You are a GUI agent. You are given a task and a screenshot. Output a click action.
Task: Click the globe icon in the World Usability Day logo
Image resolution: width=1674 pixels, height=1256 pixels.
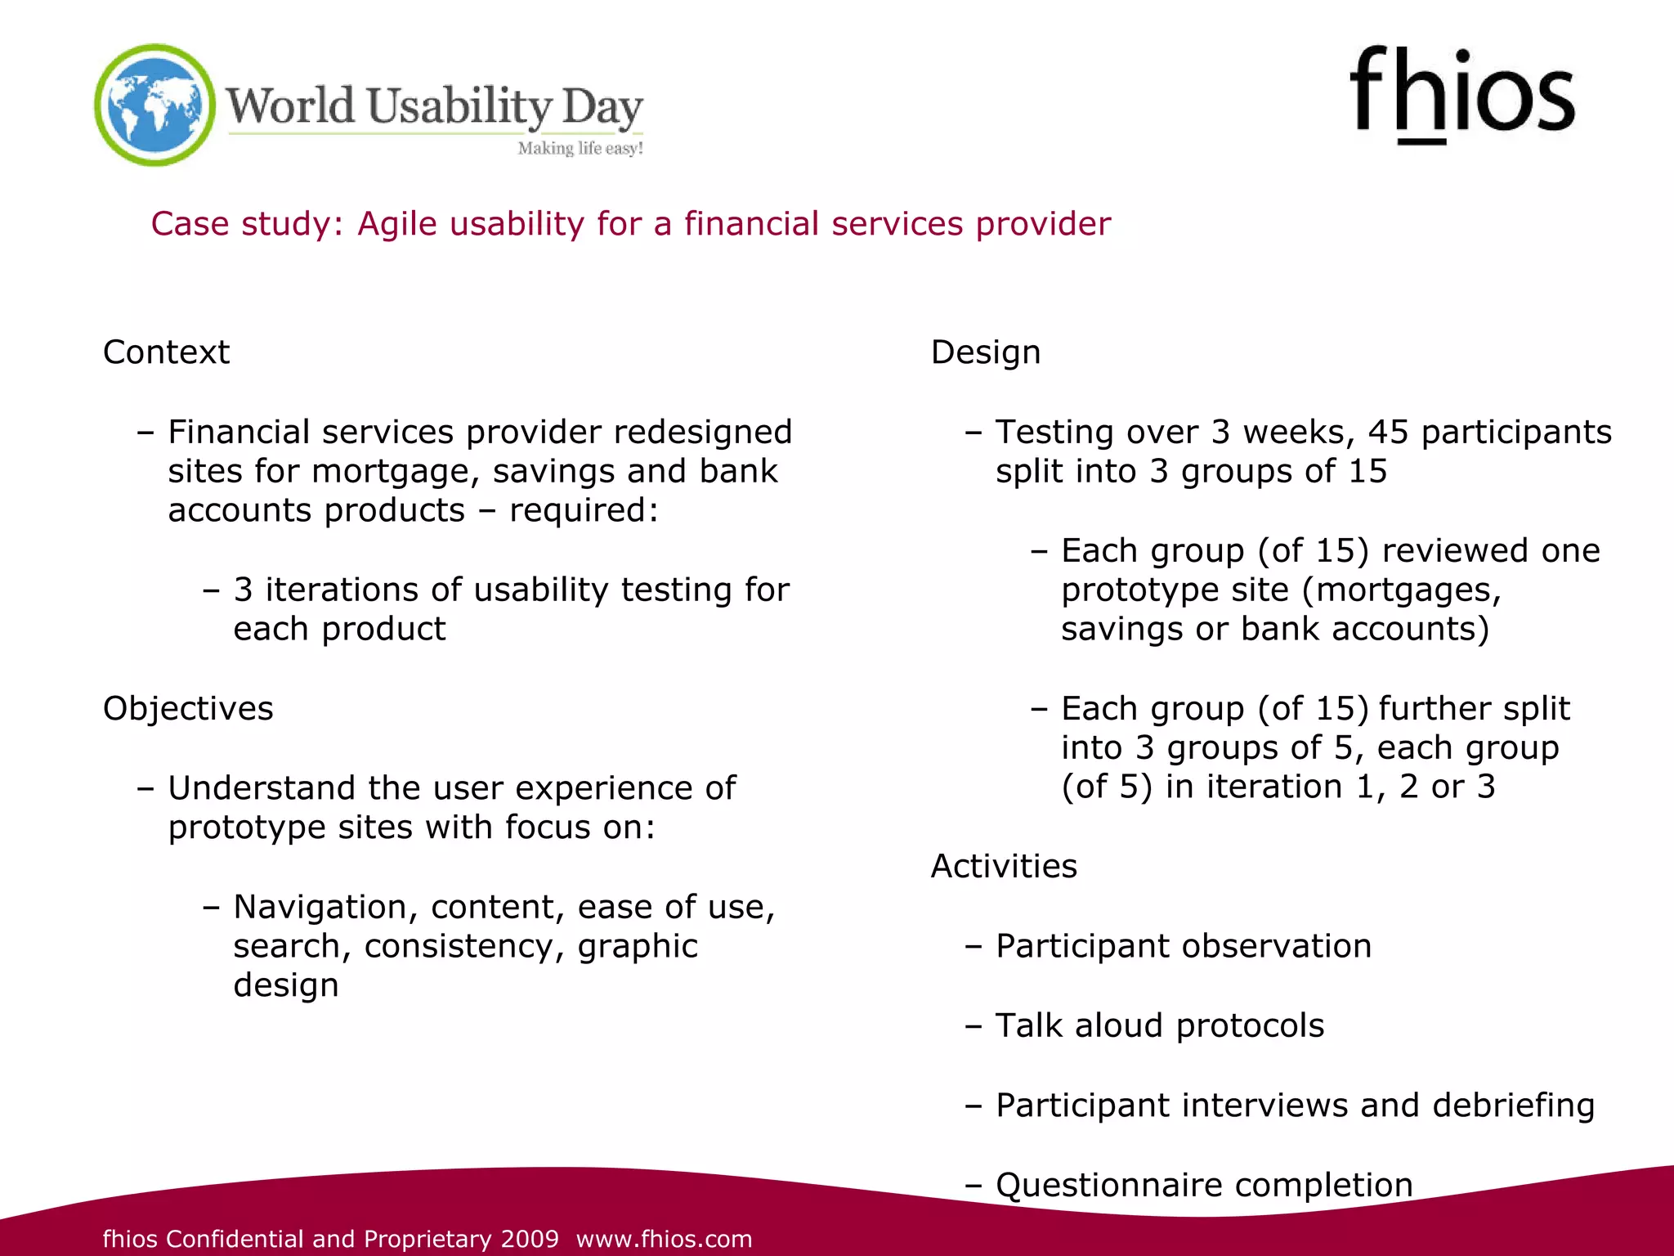pyautogui.click(x=154, y=105)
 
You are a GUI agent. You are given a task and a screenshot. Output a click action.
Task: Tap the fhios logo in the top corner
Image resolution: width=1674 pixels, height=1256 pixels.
pyautogui.click(x=1461, y=94)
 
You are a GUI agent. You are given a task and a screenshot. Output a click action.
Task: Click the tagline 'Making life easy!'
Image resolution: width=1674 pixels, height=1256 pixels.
pyautogui.click(x=580, y=148)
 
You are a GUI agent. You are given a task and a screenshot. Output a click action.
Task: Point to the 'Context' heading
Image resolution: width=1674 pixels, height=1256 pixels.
pyautogui.click(x=166, y=352)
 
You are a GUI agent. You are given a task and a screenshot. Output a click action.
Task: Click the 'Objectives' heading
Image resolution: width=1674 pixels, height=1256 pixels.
pyautogui.click(x=188, y=708)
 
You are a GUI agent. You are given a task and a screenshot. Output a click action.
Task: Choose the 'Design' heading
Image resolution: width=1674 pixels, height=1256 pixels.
pyautogui.click(x=986, y=352)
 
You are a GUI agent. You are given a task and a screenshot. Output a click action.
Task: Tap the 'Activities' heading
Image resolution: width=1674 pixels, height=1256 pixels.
pyautogui.click(x=1004, y=866)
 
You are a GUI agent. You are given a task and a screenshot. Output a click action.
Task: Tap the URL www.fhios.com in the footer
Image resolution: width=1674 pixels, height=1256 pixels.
pyautogui.click(x=664, y=1239)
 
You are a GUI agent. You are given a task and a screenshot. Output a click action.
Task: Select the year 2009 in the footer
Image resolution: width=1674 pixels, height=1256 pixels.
pyautogui.click(x=530, y=1239)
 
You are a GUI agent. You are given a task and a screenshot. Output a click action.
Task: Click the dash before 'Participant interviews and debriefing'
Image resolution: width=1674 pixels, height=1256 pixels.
pyautogui.click(x=973, y=1106)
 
